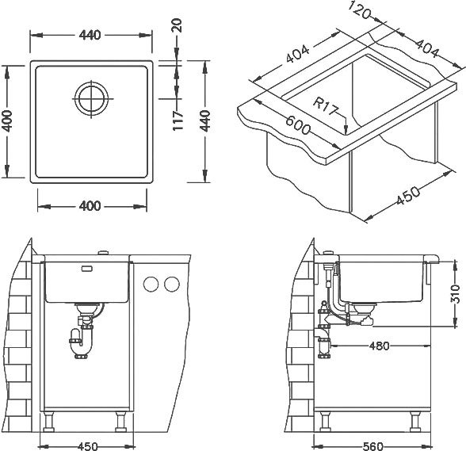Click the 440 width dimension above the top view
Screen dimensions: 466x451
click(90, 35)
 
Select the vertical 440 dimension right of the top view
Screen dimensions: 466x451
click(204, 120)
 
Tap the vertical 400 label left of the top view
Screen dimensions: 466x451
click(6, 121)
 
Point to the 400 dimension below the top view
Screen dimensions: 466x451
click(90, 206)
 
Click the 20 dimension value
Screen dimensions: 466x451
click(177, 25)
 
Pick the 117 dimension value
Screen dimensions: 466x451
click(178, 120)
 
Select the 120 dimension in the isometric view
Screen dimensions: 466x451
click(360, 10)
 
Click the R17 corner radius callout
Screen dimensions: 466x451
click(325, 106)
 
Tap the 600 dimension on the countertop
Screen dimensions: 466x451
click(298, 125)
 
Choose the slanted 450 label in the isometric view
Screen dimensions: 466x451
click(408, 196)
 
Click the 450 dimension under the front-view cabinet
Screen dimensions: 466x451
click(88, 446)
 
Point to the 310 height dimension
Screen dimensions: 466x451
click(455, 294)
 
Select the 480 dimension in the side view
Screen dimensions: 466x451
click(379, 346)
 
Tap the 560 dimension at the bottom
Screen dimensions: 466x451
click(373, 446)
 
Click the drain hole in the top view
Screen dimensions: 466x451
click(91, 99)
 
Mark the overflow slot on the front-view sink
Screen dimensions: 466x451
click(87, 269)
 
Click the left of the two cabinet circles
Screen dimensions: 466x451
click(151, 284)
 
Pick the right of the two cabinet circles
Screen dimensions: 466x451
click(172, 284)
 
